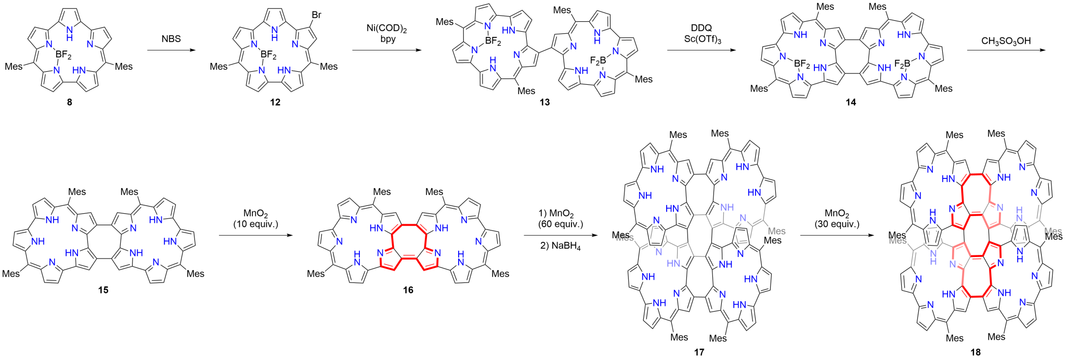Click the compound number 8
(x=69, y=102)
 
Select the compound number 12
(x=275, y=102)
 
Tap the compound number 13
(x=544, y=102)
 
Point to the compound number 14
(x=850, y=102)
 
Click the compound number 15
(x=103, y=290)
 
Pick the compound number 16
(x=408, y=290)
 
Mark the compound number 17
(x=699, y=352)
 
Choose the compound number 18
(x=975, y=352)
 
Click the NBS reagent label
(x=171, y=38)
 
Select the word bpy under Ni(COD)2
(x=388, y=40)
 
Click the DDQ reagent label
(x=701, y=28)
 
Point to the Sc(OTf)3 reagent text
(x=703, y=40)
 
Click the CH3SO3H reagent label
(x=1006, y=41)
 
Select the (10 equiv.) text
(x=255, y=224)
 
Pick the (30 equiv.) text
(x=837, y=224)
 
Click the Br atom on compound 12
(x=317, y=15)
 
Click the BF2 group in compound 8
(x=63, y=54)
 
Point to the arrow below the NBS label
(x=172, y=50)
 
